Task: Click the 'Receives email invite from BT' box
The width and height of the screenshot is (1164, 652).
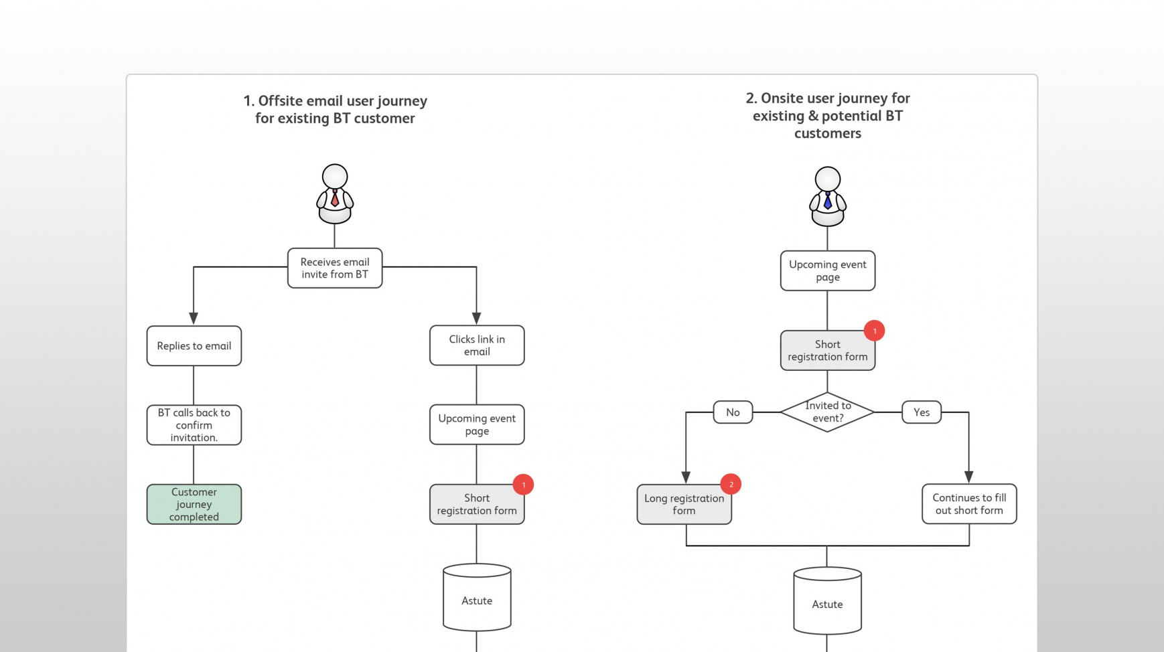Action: coord(334,268)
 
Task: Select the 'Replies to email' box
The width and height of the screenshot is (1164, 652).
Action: coord(194,345)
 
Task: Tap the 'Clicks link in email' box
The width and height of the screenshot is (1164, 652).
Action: coord(476,345)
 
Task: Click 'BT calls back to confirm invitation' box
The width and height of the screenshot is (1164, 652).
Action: coord(194,424)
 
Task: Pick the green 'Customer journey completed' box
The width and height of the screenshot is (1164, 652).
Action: coord(194,504)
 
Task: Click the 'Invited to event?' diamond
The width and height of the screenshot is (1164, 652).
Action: coord(827,412)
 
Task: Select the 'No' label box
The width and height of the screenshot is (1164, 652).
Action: coord(733,412)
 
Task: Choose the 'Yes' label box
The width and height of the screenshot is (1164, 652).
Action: coord(921,412)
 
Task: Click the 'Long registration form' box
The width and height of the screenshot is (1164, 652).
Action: coord(684,504)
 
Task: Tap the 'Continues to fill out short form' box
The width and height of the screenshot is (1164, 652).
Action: coord(968,503)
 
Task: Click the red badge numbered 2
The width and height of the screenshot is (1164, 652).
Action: coord(731,484)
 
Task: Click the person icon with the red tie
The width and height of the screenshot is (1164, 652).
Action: coord(334,194)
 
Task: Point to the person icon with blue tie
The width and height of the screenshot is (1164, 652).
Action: coord(827,197)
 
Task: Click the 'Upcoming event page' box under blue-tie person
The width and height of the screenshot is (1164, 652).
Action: coord(827,270)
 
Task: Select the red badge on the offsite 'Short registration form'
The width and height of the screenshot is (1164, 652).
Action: coord(523,485)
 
